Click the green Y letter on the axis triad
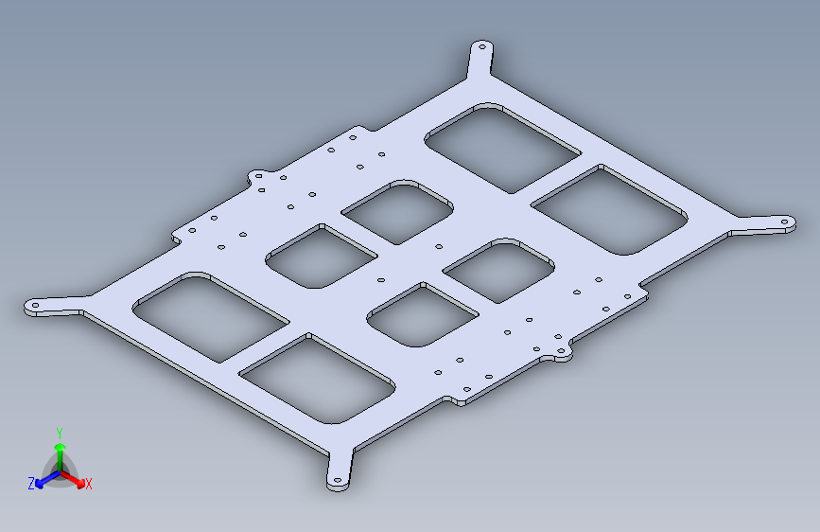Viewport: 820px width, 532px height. pos(60,432)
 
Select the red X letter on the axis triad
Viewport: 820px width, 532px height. pos(89,485)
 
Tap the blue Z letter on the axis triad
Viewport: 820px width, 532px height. pos(31,484)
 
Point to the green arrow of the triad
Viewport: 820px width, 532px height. pos(60,448)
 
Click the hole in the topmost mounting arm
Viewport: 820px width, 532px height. pos(480,46)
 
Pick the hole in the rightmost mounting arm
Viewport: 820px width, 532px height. pos(784,223)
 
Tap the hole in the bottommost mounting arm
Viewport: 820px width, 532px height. pos(338,481)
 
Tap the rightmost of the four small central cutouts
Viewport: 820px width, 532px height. pos(497,271)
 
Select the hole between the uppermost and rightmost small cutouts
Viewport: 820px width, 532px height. pos(438,247)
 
